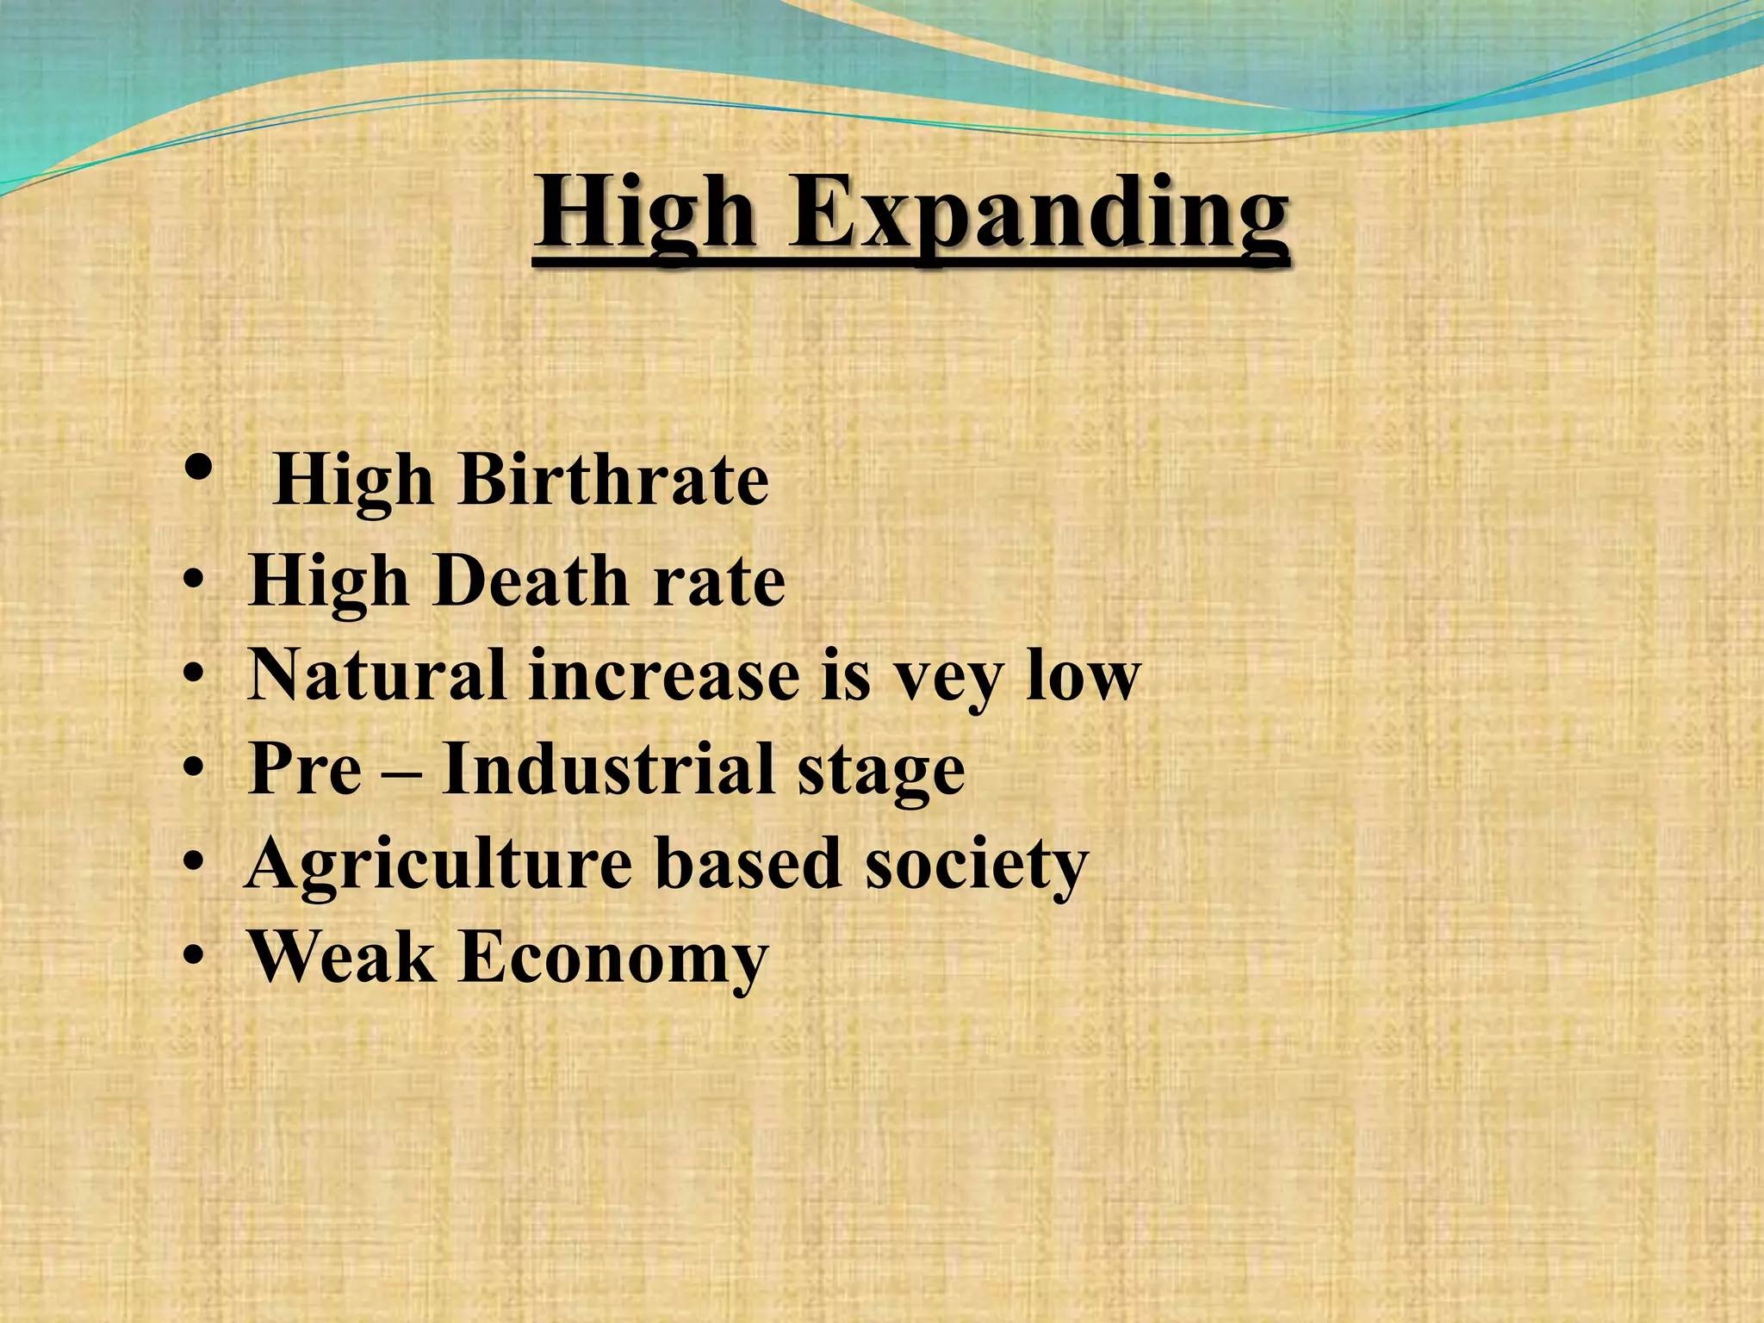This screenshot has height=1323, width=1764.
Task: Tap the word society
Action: click(x=977, y=864)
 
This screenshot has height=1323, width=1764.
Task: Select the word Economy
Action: click(x=613, y=958)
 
